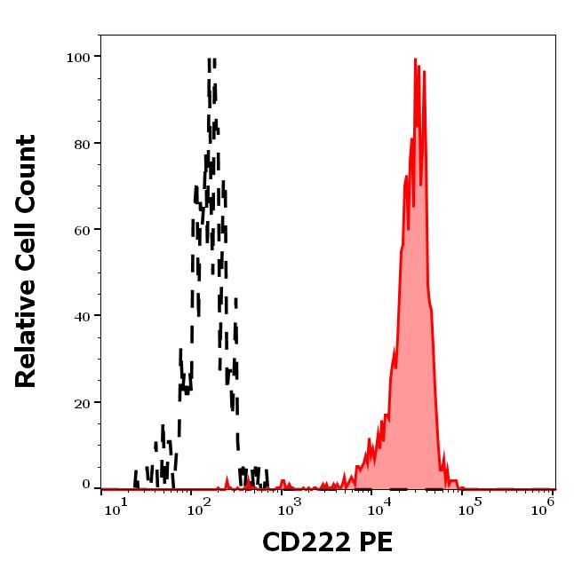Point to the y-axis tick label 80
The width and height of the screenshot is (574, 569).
[81, 143]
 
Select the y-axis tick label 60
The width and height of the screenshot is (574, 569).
[81, 229]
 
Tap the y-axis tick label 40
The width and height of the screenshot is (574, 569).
[81, 315]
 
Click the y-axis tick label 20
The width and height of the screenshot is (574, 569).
[81, 402]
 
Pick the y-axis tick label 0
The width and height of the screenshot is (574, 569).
[86, 485]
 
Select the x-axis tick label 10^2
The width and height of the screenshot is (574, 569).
[198, 508]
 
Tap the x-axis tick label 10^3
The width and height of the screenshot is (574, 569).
[289, 508]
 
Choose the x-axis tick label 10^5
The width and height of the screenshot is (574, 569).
[468, 508]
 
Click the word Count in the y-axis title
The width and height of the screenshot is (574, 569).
[26, 174]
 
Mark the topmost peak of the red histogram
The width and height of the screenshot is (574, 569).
[416, 60]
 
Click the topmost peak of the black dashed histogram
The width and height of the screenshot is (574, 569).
[211, 60]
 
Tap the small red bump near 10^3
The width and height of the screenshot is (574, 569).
[283, 482]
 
